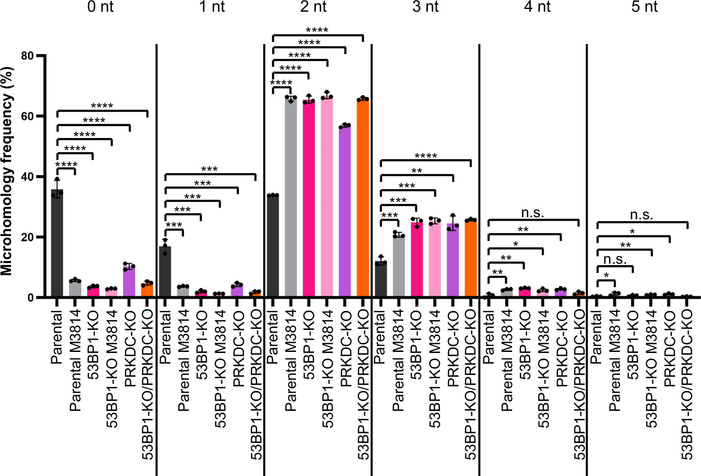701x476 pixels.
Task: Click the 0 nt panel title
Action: (100, 7)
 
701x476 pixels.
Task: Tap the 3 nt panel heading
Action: (425, 7)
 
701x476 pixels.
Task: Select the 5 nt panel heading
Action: (644, 7)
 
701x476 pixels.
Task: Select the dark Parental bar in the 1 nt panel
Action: (165, 272)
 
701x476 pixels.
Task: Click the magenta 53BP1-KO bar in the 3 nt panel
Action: (417, 260)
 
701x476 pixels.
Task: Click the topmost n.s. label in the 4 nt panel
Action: (532, 213)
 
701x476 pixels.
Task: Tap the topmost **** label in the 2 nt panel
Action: (317, 30)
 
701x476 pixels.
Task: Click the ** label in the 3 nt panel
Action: (417, 171)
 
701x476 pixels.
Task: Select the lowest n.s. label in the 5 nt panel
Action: (615, 260)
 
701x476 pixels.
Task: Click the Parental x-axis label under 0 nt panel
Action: (57, 337)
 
